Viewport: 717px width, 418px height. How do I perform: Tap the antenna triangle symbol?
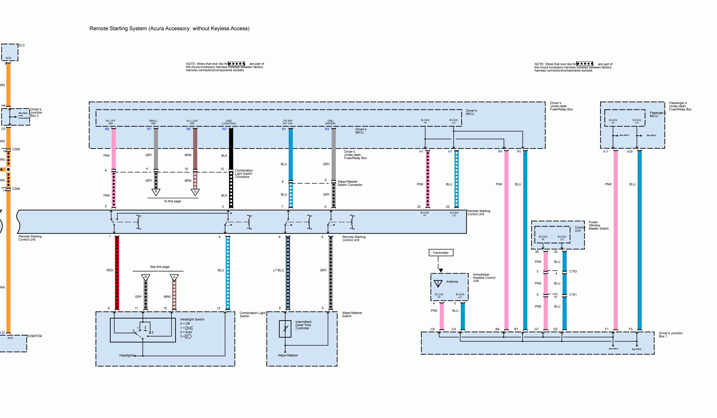click(438, 283)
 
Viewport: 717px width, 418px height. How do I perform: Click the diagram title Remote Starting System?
click(169, 29)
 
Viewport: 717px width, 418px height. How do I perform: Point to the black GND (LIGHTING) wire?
click(231, 148)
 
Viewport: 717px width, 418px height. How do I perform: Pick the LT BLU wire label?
click(278, 270)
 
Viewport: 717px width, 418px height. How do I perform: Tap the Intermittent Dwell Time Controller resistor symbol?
click(285, 329)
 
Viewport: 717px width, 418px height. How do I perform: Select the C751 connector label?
click(573, 295)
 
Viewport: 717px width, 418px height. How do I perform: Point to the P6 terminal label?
click(500, 152)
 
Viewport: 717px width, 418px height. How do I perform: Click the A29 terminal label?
click(630, 152)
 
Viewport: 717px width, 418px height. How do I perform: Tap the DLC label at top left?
click(22, 45)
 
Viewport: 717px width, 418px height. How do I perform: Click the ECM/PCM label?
click(34, 336)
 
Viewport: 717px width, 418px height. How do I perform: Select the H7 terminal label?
click(450, 152)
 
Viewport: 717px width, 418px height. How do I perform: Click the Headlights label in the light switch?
click(127, 355)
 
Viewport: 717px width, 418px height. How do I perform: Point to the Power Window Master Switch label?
click(598, 225)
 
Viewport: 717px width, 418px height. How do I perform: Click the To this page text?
click(172, 201)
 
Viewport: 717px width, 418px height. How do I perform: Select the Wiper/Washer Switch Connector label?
click(350, 183)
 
